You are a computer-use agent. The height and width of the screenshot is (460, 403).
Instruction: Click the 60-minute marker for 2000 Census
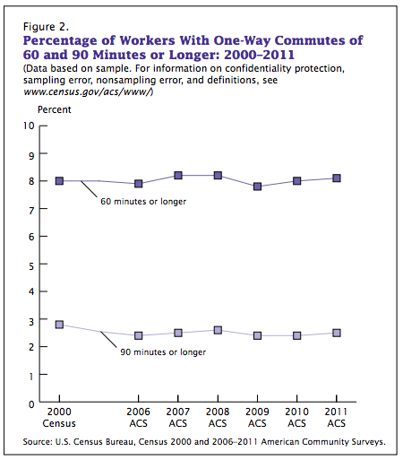pos(59,181)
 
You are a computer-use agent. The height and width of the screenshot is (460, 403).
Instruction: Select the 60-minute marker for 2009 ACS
pos(257,187)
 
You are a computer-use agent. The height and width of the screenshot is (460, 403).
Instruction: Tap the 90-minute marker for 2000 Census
pos(59,325)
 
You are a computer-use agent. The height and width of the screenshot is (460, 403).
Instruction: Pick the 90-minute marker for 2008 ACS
pos(218,330)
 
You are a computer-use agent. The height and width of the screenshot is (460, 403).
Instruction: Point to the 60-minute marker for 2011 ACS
pos(337,178)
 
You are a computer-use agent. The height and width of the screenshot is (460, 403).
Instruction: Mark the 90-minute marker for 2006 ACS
pos(138,335)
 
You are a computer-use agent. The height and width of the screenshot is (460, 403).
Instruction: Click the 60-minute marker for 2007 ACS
pos(178,175)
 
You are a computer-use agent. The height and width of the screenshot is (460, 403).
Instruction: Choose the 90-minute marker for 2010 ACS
pos(296,335)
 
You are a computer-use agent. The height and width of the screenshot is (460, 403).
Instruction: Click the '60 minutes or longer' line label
pos(143,202)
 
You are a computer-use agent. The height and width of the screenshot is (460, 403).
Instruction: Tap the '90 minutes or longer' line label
pos(163,352)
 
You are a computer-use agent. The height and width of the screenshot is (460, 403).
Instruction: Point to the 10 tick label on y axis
pos(29,126)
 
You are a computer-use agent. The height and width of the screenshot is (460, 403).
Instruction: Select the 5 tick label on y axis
pos(31,266)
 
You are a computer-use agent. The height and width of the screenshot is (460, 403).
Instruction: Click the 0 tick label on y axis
pos(31,404)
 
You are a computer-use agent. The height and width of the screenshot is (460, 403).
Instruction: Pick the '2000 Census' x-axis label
pos(59,418)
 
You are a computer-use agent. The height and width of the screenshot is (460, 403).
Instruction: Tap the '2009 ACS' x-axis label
pos(257,418)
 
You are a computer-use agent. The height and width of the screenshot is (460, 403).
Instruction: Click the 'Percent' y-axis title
pos(55,109)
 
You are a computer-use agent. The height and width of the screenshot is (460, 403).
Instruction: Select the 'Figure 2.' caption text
pos(46,27)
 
